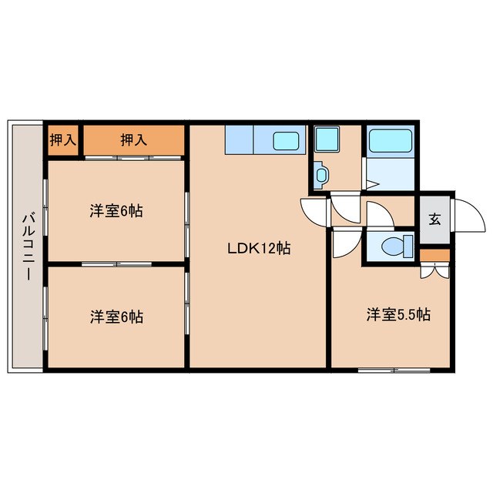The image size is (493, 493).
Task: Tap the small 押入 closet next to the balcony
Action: point(63,140)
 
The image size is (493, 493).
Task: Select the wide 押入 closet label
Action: point(133,140)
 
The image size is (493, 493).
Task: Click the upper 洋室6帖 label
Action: point(116,210)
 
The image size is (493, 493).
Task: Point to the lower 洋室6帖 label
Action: point(116,316)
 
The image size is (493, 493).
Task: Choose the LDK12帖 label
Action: point(258,249)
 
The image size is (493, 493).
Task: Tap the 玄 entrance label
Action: point(434,219)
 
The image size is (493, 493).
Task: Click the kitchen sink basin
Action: point(287,142)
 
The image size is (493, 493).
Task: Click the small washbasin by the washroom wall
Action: point(320,176)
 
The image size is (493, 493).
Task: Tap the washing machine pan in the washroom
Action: point(334,141)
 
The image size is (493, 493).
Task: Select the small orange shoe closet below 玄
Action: point(434,255)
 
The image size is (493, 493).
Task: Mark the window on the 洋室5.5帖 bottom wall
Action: point(390,371)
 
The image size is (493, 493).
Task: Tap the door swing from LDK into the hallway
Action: point(314,210)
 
